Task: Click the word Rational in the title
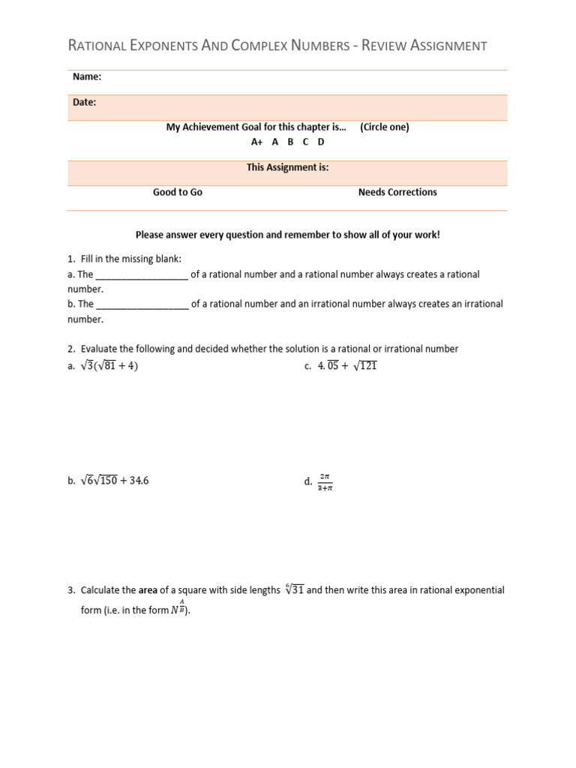(x=99, y=46)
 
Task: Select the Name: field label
(x=87, y=76)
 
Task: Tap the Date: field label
(x=84, y=102)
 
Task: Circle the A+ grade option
(x=256, y=142)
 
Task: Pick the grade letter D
(x=321, y=142)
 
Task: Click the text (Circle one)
(x=384, y=127)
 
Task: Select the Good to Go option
(x=178, y=192)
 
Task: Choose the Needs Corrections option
(x=397, y=192)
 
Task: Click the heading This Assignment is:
(x=287, y=167)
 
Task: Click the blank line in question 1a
(x=142, y=275)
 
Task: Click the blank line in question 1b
(x=142, y=304)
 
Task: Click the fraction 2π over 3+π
(x=325, y=481)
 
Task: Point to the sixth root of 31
(x=293, y=589)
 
